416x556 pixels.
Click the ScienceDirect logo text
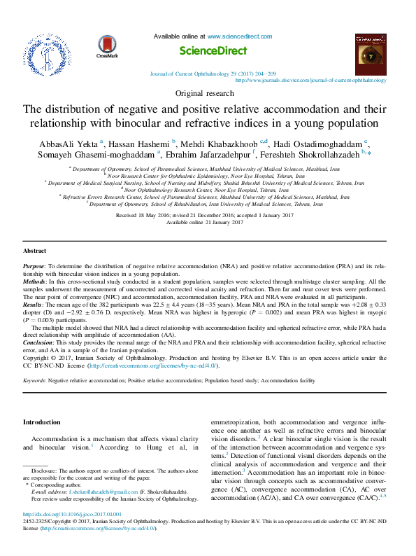point(213,51)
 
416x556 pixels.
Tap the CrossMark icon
point(107,47)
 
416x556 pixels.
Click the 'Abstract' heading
point(35,250)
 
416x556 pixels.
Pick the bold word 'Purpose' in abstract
point(34,267)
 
